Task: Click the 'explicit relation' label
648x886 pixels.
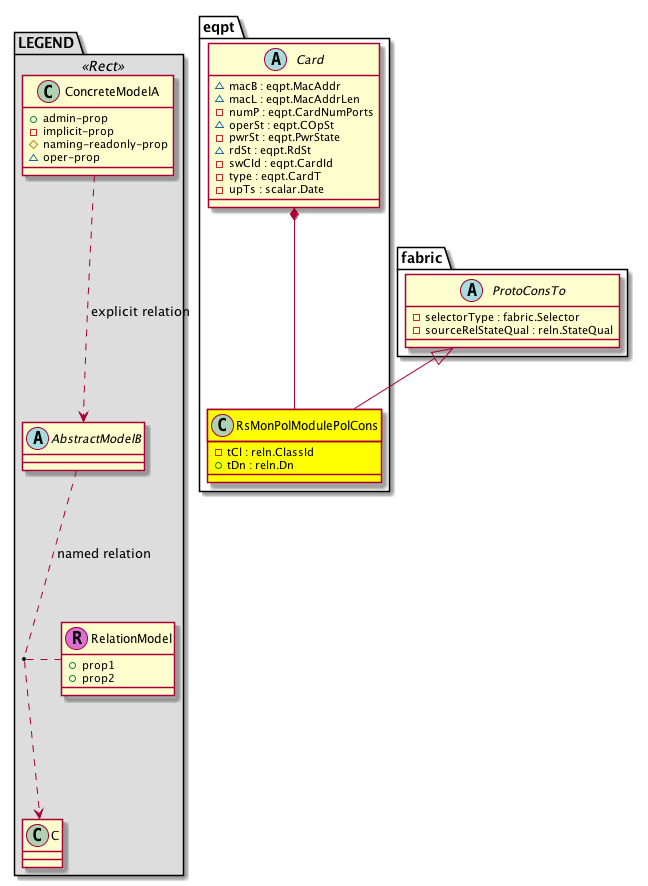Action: [140, 312]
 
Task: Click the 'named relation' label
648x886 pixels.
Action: [104, 553]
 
